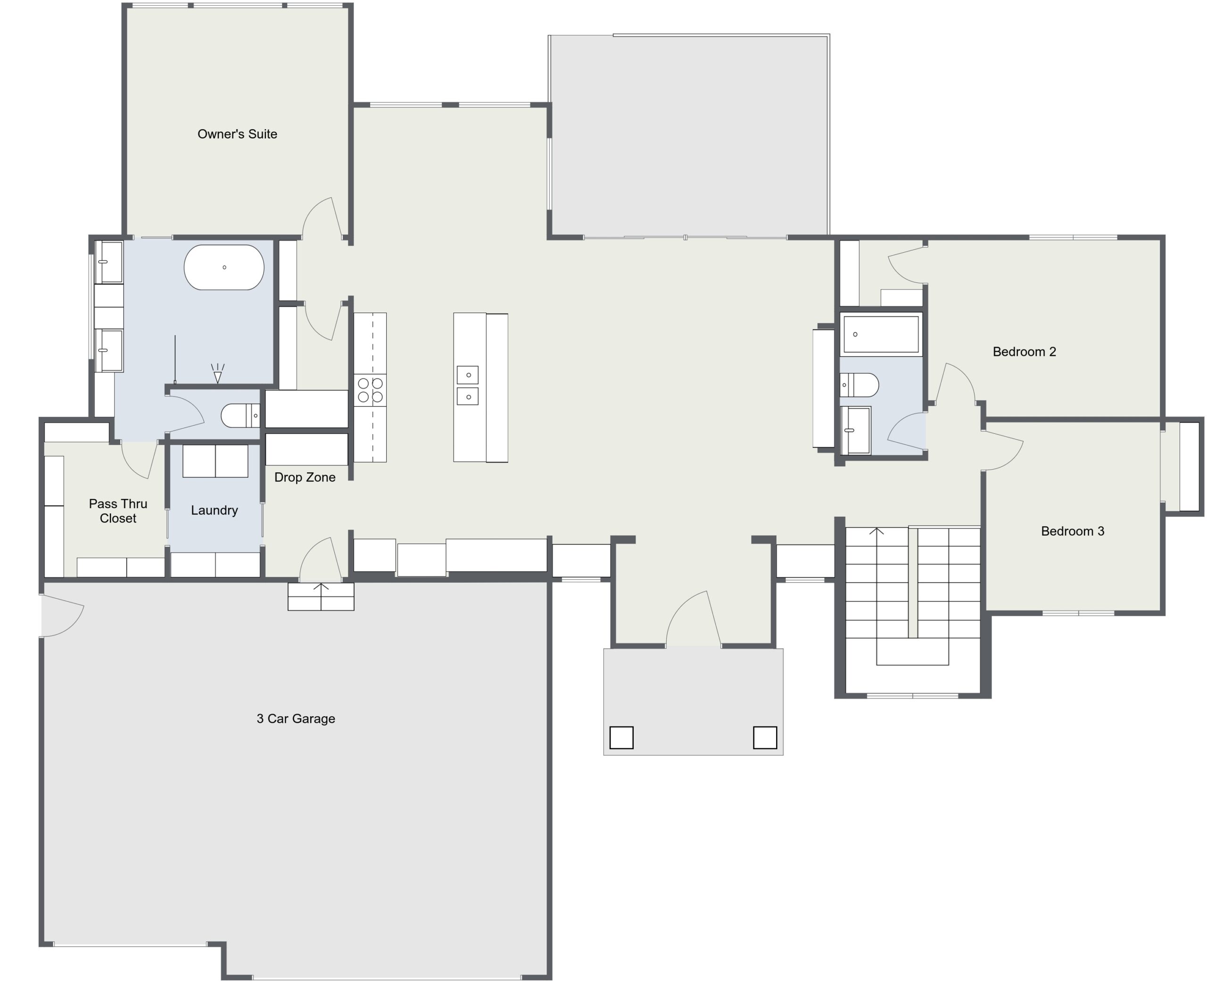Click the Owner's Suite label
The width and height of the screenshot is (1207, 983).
pyautogui.click(x=237, y=134)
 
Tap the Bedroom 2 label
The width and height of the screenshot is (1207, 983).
pyautogui.click(x=1024, y=352)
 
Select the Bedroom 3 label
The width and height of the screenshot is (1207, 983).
pyautogui.click(x=1072, y=531)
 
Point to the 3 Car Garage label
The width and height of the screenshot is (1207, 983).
pyautogui.click(x=296, y=719)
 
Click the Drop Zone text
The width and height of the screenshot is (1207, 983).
pyautogui.click(x=305, y=477)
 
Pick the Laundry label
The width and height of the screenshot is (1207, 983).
pyautogui.click(x=214, y=510)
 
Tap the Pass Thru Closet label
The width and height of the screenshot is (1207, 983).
pyautogui.click(x=118, y=511)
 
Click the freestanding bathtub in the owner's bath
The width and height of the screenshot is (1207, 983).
pyautogui.click(x=224, y=267)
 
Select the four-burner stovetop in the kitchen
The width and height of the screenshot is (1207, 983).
pyautogui.click(x=370, y=390)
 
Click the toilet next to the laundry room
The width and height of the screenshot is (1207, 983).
pyautogui.click(x=240, y=416)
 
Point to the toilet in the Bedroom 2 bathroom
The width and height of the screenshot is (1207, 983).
pyautogui.click(x=859, y=385)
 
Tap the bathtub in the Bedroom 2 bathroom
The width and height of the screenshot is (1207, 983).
pyautogui.click(x=881, y=334)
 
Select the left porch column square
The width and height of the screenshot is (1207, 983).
pyautogui.click(x=621, y=738)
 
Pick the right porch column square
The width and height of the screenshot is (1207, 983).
pyautogui.click(x=765, y=738)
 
